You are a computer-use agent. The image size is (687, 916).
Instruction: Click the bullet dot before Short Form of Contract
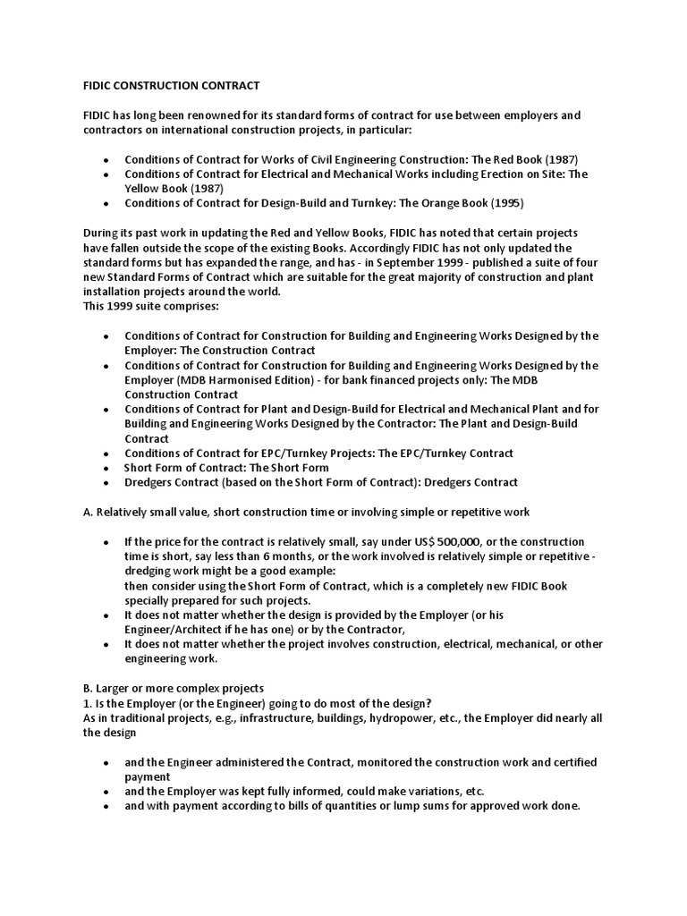106,468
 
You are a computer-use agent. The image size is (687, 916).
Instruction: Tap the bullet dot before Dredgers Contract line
106,483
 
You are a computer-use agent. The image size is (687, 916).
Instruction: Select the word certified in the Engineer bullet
569,761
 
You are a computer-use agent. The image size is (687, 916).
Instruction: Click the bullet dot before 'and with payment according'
106,806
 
